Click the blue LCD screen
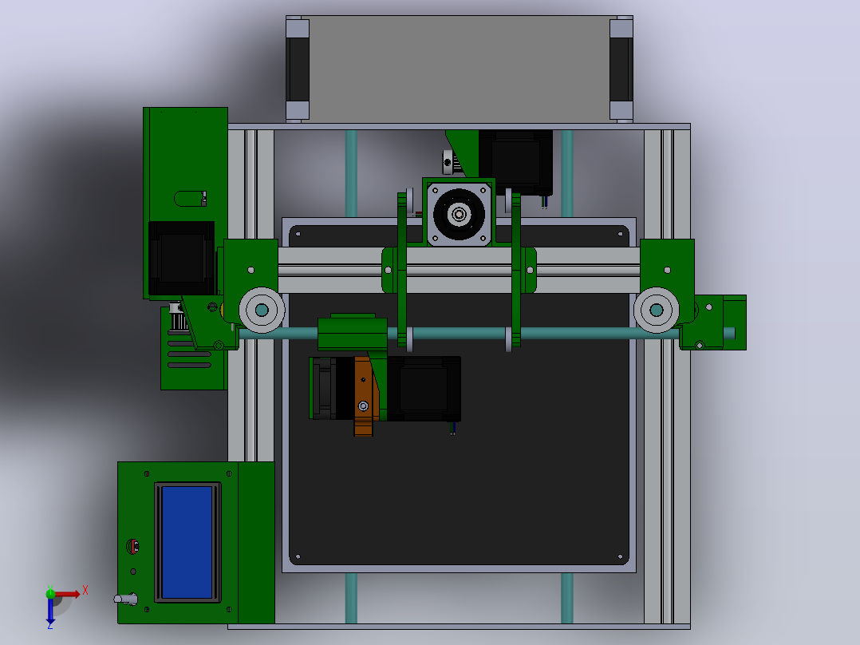(187, 542)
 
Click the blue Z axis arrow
(50, 611)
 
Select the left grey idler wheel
(262, 311)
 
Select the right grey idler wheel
(656, 311)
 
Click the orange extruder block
(364, 395)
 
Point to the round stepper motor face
(459, 213)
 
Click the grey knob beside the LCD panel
(126, 599)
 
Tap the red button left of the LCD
(132, 546)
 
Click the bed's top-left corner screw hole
(298, 234)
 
